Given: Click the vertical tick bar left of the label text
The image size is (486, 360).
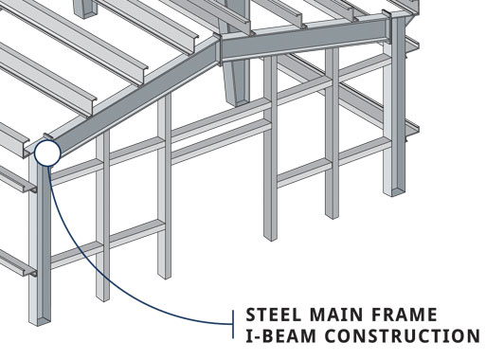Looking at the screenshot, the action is pos(234,325).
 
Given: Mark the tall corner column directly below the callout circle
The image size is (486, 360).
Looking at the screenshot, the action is pos(40,237).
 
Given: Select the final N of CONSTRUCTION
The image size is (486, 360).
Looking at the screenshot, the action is pos(474,336).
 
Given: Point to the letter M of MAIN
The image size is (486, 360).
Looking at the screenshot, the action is pos(323,315).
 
